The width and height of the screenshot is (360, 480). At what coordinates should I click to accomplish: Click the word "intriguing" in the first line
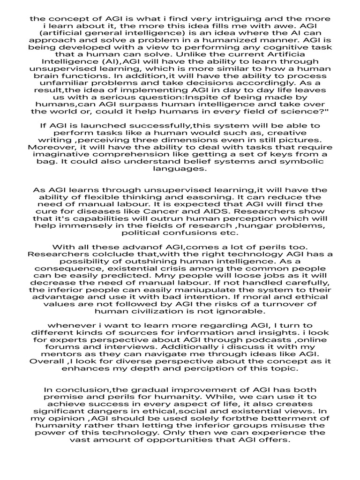(243, 19)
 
